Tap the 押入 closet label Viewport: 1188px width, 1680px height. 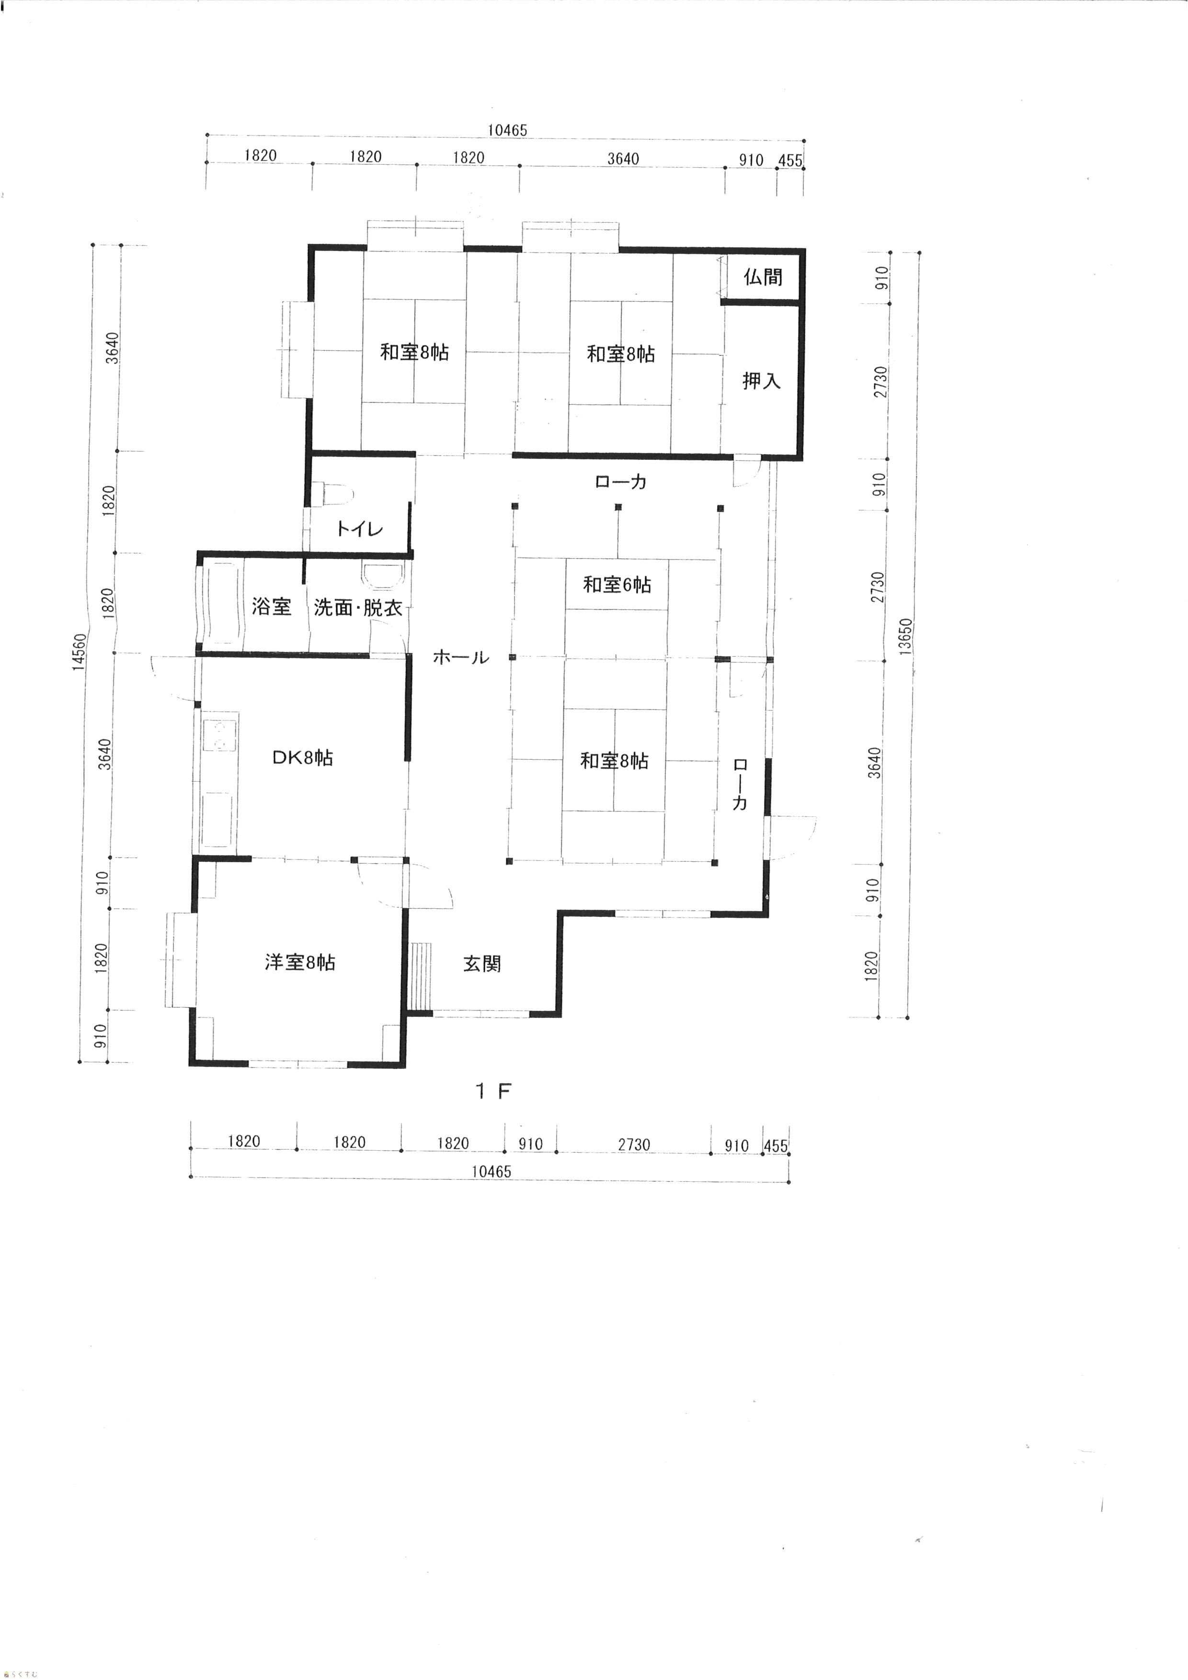point(762,380)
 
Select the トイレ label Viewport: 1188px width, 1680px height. point(359,528)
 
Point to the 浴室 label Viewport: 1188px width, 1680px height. point(272,606)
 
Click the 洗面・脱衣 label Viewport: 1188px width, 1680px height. point(358,607)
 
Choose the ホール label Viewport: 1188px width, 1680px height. point(461,657)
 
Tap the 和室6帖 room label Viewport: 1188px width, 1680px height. point(617,584)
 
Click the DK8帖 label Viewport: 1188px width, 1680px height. point(303,757)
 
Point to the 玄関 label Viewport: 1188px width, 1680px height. point(482,964)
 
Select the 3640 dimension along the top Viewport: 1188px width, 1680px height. point(623,159)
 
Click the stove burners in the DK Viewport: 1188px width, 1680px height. point(220,735)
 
